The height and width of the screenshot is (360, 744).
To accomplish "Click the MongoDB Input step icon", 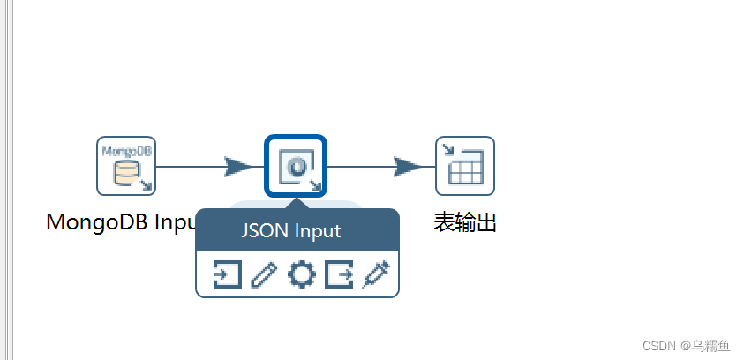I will tap(126, 165).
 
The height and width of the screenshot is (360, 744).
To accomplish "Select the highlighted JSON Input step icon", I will tap(296, 165).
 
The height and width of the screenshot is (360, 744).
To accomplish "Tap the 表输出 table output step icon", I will tap(465, 165).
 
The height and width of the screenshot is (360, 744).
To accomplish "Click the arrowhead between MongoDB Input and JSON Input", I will tap(238, 166).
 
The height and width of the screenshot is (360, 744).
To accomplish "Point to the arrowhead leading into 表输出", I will tap(409, 166).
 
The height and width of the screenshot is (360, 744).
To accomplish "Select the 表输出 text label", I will tap(465, 221).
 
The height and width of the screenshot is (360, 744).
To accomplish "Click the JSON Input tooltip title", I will tap(291, 231).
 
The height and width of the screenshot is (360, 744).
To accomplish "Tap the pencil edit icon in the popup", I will tap(264, 275).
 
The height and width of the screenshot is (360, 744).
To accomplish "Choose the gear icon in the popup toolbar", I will tap(302, 275).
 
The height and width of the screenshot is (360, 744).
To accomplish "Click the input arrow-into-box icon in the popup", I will tap(227, 275).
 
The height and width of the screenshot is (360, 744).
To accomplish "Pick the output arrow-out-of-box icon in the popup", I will tap(339, 275).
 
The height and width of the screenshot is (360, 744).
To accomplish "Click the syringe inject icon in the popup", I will tap(376, 274).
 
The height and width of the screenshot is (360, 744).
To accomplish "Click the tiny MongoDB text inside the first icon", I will tap(126, 150).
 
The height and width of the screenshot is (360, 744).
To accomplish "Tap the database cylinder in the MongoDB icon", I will tap(124, 172).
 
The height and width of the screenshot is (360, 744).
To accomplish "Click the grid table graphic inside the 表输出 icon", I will tap(467, 169).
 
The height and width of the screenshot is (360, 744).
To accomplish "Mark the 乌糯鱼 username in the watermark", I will tap(710, 344).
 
